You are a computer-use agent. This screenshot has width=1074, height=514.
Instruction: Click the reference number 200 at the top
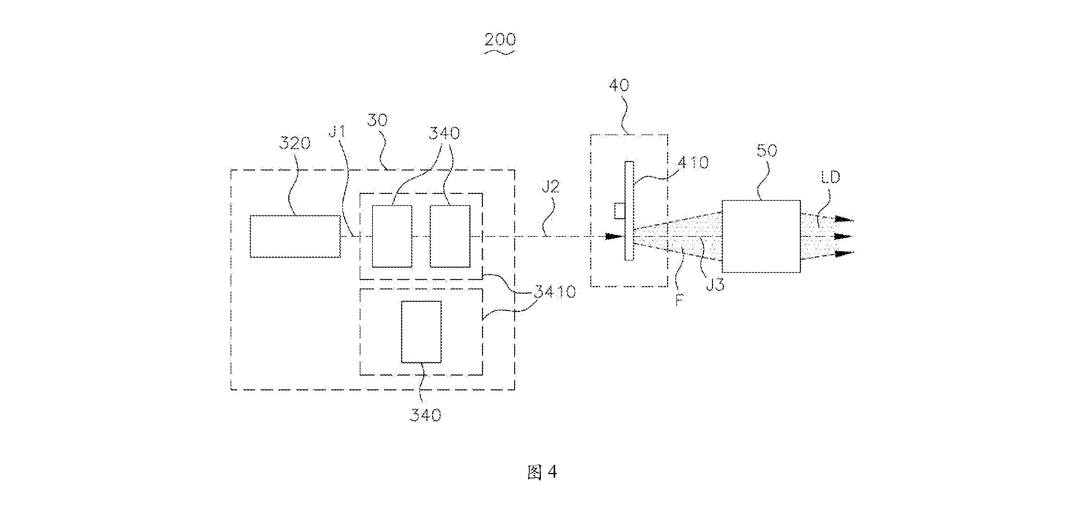click(x=500, y=39)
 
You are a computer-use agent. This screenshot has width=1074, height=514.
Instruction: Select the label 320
click(x=295, y=143)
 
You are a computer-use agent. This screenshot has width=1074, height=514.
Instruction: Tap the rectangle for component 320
click(x=295, y=236)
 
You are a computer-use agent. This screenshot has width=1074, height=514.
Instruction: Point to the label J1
click(x=337, y=132)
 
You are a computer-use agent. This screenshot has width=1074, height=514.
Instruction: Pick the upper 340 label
click(x=444, y=133)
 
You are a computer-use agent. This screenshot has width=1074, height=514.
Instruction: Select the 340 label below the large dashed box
click(x=425, y=415)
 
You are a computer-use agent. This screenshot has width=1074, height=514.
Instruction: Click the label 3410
click(x=555, y=292)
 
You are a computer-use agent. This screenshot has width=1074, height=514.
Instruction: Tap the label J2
click(x=550, y=187)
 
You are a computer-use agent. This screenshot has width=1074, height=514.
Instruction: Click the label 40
click(x=619, y=85)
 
